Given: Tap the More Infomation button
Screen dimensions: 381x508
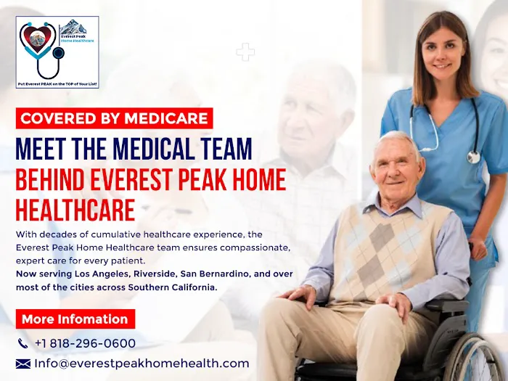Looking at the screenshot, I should point(75,319).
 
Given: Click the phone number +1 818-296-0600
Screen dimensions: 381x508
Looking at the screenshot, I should point(85,343).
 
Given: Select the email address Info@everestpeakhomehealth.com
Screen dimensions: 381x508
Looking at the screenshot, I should point(142,364).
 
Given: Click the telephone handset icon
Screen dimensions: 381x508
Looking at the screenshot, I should point(22,343).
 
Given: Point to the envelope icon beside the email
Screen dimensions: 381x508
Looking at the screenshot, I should point(23,364).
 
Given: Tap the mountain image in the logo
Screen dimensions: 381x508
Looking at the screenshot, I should point(73,28).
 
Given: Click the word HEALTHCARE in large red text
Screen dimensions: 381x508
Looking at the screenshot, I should point(75,210).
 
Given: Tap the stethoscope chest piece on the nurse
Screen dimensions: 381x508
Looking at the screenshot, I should point(473,156).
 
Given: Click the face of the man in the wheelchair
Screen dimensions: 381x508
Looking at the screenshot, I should point(396,165).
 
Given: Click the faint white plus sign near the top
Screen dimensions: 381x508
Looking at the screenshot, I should point(245,52).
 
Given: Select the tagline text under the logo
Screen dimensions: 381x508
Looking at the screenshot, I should point(57,84).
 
